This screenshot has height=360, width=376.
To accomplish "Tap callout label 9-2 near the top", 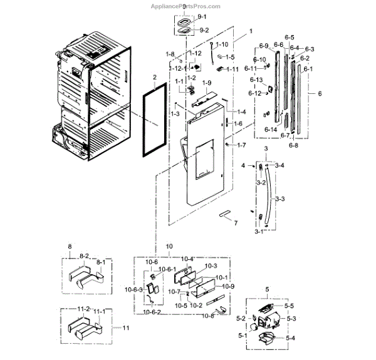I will pyautogui.click(x=204, y=29).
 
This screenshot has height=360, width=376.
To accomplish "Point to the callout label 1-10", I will pyautogui.click(x=222, y=45).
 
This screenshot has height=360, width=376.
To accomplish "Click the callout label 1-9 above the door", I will pyautogui.click(x=207, y=83).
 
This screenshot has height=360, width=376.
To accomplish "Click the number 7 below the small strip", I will pyautogui.click(x=236, y=222).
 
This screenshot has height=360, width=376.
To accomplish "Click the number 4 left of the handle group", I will pyautogui.click(x=244, y=165).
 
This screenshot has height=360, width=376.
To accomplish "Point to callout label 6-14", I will pyautogui.click(x=271, y=129).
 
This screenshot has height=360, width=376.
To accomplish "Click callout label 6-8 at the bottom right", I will pyautogui.click(x=293, y=145).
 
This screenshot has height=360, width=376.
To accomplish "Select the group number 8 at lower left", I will pyautogui.click(x=70, y=247).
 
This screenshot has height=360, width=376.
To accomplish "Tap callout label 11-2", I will pyautogui.click(x=84, y=309).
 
